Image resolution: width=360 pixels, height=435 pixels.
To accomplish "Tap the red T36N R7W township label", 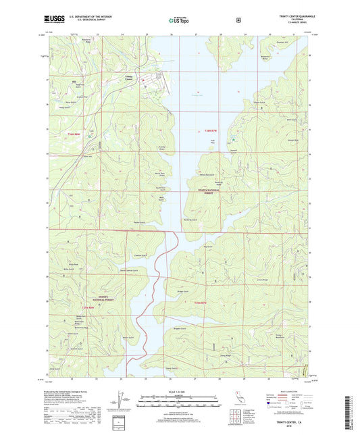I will (x=211, y=130).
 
